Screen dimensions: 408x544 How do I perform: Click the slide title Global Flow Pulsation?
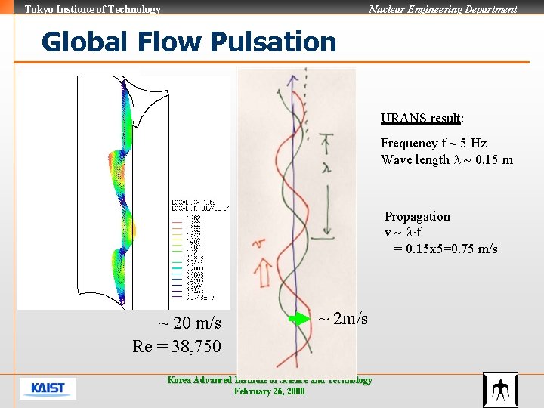(x=189, y=42)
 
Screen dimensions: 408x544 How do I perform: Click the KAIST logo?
(x=48, y=388)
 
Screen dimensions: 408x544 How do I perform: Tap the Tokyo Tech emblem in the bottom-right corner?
(x=500, y=390)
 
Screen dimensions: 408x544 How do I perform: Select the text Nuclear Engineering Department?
(x=443, y=9)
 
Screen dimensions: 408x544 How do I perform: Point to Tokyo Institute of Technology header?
(x=93, y=9)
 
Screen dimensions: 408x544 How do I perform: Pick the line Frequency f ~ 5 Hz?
(x=434, y=143)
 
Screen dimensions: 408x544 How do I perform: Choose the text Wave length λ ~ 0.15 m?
(x=447, y=159)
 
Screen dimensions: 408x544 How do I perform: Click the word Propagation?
(x=417, y=217)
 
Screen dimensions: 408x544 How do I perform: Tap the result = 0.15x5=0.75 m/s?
(x=446, y=249)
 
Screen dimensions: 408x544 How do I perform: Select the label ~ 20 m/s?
(x=189, y=323)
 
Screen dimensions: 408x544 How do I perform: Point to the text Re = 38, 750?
(x=177, y=346)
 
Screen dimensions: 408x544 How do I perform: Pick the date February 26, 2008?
(x=269, y=391)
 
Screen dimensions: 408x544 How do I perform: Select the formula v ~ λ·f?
(x=404, y=233)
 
